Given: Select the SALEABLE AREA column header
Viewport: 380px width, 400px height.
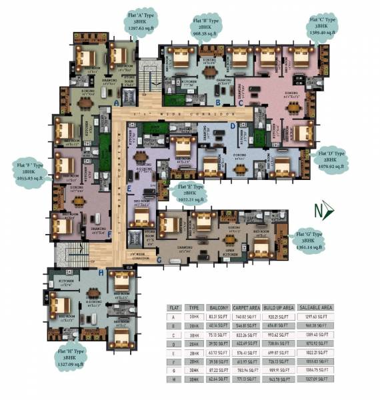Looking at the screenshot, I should (314, 307).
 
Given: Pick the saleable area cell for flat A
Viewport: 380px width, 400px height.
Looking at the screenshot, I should (314, 318).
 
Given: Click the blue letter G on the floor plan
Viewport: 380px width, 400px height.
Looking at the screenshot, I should (159, 259).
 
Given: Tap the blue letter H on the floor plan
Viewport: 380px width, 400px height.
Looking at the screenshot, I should (101, 273).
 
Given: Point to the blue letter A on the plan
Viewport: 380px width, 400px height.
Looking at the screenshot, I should (117, 104).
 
